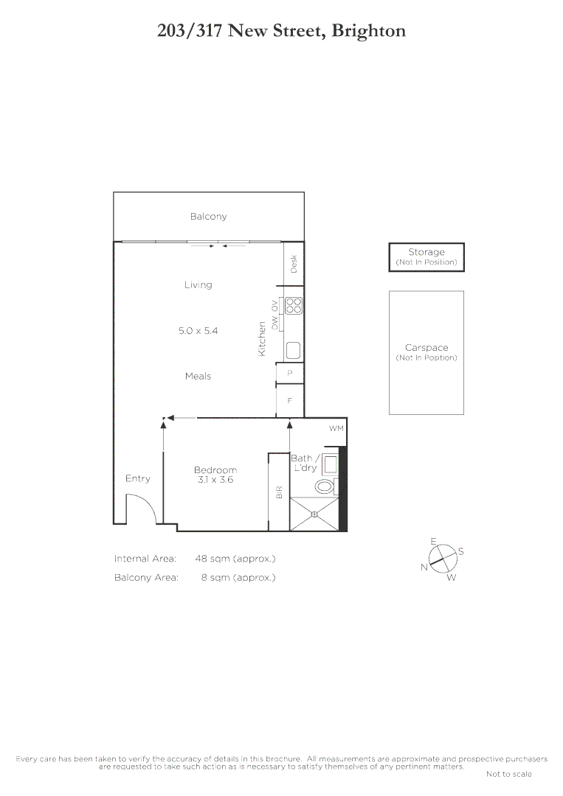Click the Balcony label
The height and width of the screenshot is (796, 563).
(208, 217)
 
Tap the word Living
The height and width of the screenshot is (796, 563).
(198, 284)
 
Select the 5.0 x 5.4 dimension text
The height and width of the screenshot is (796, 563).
(198, 331)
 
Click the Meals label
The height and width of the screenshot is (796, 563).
(198, 376)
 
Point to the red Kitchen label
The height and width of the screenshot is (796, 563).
(261, 339)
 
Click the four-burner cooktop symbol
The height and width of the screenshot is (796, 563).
(294, 305)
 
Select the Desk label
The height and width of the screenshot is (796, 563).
(294, 264)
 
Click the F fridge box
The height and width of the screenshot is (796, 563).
(290, 401)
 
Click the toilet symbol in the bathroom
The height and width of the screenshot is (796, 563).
(324, 486)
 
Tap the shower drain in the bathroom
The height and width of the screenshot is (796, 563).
(314, 514)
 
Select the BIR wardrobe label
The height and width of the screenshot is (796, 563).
(279, 492)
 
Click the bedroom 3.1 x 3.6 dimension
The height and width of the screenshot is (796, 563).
(215, 480)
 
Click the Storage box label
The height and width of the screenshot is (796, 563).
(426, 252)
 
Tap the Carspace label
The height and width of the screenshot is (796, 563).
(426, 348)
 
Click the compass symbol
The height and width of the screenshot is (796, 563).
(441, 558)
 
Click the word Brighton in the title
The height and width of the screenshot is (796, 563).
(368, 31)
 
